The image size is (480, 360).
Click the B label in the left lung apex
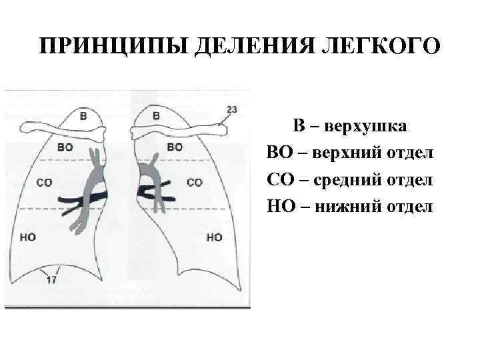[83, 115]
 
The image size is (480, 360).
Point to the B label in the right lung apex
[156, 115]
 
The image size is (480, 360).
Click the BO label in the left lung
[66, 147]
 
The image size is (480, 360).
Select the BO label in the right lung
[175, 147]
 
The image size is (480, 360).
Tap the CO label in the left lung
[45, 182]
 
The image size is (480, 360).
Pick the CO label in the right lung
[195, 182]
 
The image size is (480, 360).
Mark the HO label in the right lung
[215, 237]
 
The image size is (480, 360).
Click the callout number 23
[232, 109]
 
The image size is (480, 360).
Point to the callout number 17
[51, 281]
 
